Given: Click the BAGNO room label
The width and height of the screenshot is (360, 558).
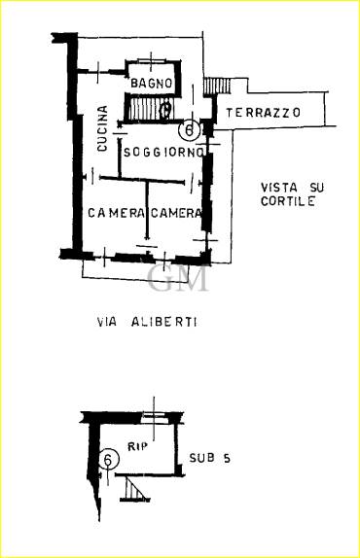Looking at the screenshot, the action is (x=152, y=84).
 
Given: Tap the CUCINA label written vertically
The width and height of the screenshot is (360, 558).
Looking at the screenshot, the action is (x=102, y=129).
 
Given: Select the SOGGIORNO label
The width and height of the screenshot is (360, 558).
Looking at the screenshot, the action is (x=163, y=153).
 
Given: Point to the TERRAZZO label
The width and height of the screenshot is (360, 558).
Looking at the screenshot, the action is (x=263, y=113).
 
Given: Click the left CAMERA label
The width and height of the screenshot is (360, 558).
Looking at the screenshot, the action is (x=116, y=213).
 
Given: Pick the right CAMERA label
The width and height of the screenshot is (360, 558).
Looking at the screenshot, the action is (x=176, y=213).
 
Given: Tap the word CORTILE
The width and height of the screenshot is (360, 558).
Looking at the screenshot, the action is (x=288, y=201).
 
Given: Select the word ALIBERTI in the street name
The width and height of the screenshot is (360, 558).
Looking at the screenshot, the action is (x=163, y=322).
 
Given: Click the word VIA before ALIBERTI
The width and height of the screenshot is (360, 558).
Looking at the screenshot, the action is (x=107, y=322).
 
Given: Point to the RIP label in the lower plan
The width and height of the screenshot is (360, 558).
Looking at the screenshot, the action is (x=138, y=446).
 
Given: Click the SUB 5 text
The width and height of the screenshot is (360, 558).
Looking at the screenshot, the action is (x=209, y=458).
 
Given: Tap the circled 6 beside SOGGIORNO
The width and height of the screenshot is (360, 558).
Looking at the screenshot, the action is (x=189, y=129).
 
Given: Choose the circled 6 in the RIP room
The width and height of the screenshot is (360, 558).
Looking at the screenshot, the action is (x=108, y=459).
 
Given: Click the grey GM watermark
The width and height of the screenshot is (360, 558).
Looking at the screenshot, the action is (x=177, y=278).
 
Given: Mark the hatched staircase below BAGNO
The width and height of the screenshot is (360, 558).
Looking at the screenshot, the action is (x=150, y=108).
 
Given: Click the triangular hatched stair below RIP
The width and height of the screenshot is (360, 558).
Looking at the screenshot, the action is (x=134, y=489).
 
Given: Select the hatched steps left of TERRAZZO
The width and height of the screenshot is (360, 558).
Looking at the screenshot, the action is (x=217, y=87).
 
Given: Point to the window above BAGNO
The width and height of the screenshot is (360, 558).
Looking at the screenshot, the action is (x=152, y=60).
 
